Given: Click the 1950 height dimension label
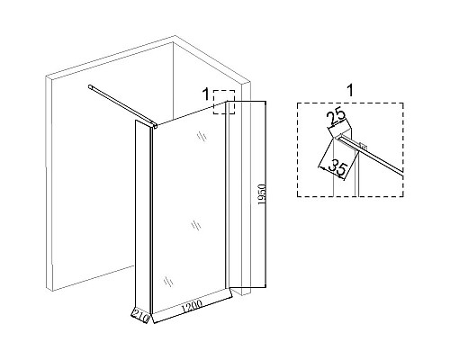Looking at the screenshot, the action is tap(262, 194).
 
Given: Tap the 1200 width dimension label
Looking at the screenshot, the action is tap(192, 305).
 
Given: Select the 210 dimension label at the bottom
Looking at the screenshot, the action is tap(141, 317).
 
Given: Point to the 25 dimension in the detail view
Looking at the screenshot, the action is tap(336, 118).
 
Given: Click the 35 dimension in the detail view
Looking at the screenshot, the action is tap(337, 168).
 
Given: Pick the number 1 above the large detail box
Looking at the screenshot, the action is tap(350, 91).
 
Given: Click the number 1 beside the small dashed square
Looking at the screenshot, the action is tap(206, 94).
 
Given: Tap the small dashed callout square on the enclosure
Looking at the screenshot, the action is tap(224, 102).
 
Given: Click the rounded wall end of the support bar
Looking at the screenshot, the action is tap(90, 87).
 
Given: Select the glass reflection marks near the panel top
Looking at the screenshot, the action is tap(202, 137).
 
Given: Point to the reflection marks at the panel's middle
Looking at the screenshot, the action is tap(196, 225).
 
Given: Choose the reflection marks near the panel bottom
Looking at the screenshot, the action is tap(168, 282).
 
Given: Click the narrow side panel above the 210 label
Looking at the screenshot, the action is tap(142, 216).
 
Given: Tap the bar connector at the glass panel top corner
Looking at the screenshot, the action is tap(155, 126).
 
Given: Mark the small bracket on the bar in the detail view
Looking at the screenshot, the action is tap(364, 147).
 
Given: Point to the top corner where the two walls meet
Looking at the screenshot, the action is tap(175, 36).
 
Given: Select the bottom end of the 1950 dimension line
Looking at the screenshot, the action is tap(265, 287).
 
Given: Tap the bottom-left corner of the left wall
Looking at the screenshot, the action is tap(51, 291).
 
